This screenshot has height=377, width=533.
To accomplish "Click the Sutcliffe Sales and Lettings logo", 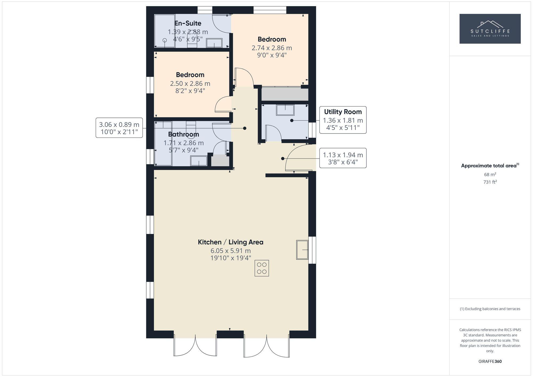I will [x=490, y=29].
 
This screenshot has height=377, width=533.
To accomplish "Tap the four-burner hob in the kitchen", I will [x=261, y=268].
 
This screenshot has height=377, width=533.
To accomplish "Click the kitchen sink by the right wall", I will [x=302, y=250].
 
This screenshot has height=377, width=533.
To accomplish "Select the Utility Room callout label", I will [x=343, y=112].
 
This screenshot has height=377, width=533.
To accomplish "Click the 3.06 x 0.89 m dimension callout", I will [x=119, y=128].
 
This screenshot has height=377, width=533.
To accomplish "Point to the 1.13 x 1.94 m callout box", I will [x=343, y=158].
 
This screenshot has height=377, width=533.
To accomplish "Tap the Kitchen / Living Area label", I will [x=230, y=242].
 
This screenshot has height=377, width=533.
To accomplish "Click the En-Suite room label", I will [x=188, y=23].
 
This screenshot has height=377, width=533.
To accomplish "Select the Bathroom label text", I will [x=183, y=134].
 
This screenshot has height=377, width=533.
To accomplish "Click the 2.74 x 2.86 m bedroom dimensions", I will [x=272, y=48].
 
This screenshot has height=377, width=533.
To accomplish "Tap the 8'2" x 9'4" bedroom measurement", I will [x=190, y=91].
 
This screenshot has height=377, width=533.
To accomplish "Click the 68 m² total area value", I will [x=490, y=175].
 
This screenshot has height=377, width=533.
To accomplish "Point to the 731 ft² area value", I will [x=490, y=182].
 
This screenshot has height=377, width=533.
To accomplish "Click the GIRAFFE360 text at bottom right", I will [x=490, y=362].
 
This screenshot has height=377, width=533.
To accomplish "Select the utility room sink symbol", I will [x=285, y=110].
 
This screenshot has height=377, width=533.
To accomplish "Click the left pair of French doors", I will [x=195, y=345].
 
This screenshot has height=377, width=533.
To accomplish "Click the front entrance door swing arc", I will [x=297, y=157].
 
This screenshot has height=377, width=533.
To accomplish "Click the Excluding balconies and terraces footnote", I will [x=490, y=309].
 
